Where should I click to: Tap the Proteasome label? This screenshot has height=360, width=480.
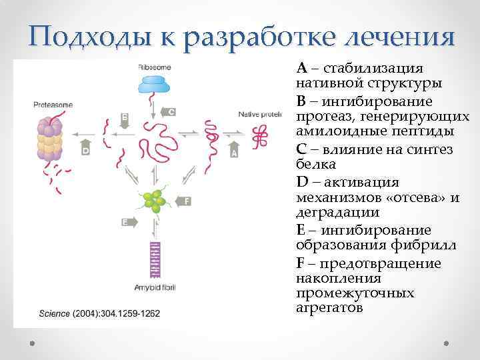coord(52,105)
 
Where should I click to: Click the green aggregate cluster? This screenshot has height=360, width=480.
coord(155,200)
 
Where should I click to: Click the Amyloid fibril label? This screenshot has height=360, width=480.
coord(155,287)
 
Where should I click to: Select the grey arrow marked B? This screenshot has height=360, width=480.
coord(125,119)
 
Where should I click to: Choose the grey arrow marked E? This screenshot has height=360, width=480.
coord(129,221)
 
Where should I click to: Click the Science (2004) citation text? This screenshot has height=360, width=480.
coord(100,313)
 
